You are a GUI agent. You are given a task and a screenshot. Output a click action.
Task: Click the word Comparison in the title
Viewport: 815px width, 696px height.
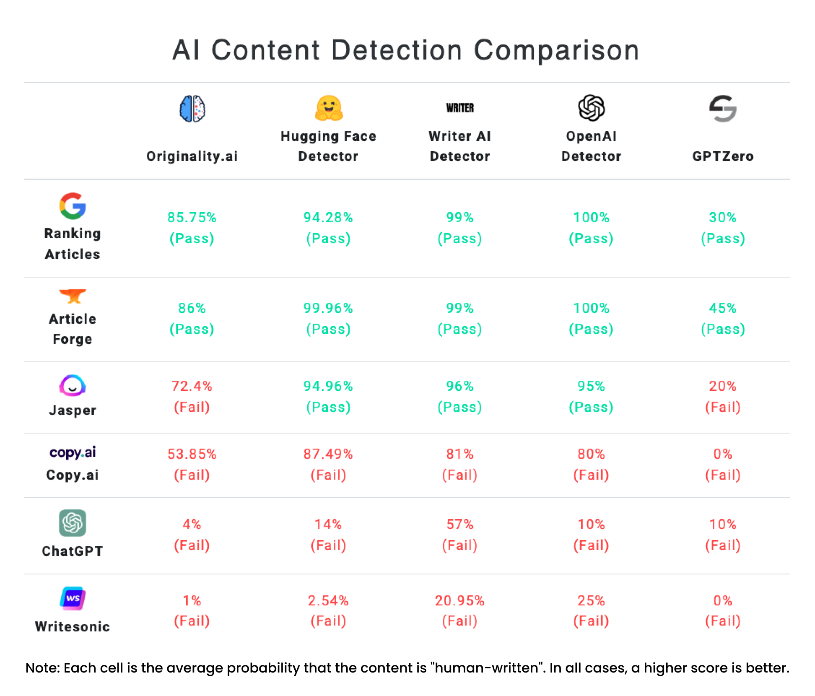556,51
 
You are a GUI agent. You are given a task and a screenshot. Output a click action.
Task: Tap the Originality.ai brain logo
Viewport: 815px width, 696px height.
192,109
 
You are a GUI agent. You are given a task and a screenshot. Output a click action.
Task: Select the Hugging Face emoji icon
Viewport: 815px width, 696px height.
329,108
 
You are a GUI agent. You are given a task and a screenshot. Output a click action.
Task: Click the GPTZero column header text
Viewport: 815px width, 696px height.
723,156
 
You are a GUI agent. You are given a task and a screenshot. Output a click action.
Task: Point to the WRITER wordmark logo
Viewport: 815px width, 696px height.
459,108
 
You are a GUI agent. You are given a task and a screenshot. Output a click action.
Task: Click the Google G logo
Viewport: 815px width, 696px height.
73,206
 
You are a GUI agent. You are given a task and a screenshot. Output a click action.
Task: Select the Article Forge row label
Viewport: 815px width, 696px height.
73,329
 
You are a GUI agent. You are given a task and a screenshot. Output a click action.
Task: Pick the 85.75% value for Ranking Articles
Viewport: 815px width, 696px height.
192,218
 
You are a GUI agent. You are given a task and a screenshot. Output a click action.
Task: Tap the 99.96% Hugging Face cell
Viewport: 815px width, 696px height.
328,308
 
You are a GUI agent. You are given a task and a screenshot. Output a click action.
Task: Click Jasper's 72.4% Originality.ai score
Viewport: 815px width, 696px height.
192,386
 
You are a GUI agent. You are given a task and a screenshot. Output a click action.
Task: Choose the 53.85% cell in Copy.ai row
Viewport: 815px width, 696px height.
192,454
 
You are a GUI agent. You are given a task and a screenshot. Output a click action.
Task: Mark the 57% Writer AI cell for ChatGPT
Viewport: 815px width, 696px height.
459,525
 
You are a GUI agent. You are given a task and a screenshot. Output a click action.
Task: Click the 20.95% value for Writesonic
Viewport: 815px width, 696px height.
459,601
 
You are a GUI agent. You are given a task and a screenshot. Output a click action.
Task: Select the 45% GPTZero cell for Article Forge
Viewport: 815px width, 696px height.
723,308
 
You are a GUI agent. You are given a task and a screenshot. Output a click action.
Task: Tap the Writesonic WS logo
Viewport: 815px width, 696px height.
73,598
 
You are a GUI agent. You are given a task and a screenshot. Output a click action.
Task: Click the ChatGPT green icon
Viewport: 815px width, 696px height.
73,523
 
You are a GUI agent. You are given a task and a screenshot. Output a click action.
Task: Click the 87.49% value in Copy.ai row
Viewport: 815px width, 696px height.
328,454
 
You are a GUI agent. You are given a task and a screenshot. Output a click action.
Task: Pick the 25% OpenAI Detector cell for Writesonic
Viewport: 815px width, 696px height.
591,601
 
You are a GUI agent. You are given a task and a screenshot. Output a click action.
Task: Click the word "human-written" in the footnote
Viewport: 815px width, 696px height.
487,668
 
